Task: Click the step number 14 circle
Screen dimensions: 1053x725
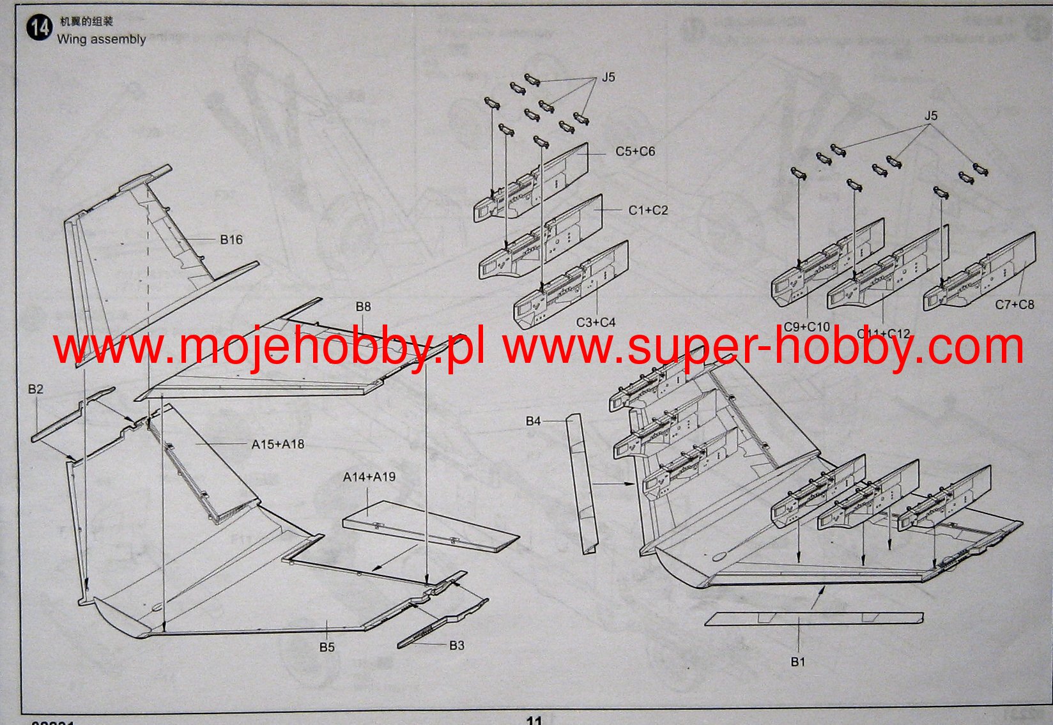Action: [40, 29]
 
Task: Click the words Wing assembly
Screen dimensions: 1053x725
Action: [102, 39]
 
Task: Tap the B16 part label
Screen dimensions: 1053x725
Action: [231, 240]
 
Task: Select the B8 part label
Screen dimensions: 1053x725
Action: [363, 307]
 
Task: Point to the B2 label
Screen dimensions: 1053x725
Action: [36, 389]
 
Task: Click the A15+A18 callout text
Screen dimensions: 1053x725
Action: [278, 444]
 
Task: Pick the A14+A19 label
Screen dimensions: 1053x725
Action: [369, 477]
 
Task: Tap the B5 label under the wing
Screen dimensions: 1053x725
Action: [327, 647]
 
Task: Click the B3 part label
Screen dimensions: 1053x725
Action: [457, 645]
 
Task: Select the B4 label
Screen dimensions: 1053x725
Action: [534, 421]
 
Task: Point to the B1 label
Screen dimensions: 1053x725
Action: [798, 662]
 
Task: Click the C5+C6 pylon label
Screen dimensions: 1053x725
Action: [635, 151]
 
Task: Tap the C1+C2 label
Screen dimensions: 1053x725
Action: [648, 210]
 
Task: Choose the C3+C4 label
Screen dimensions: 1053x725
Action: [596, 323]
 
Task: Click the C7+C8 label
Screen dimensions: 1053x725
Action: [1014, 305]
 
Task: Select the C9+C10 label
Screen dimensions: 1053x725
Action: [806, 326]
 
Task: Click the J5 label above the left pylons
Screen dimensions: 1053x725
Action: [608, 77]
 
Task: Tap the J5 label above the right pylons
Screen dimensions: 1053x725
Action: [931, 116]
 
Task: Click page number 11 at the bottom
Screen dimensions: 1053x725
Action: [534, 719]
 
